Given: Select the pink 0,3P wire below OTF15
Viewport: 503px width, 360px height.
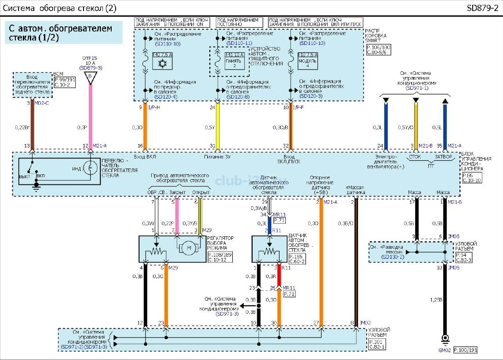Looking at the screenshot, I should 91,114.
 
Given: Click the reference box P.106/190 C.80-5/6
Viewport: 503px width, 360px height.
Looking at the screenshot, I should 377,49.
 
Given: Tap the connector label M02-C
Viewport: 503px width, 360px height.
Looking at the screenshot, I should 42,103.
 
